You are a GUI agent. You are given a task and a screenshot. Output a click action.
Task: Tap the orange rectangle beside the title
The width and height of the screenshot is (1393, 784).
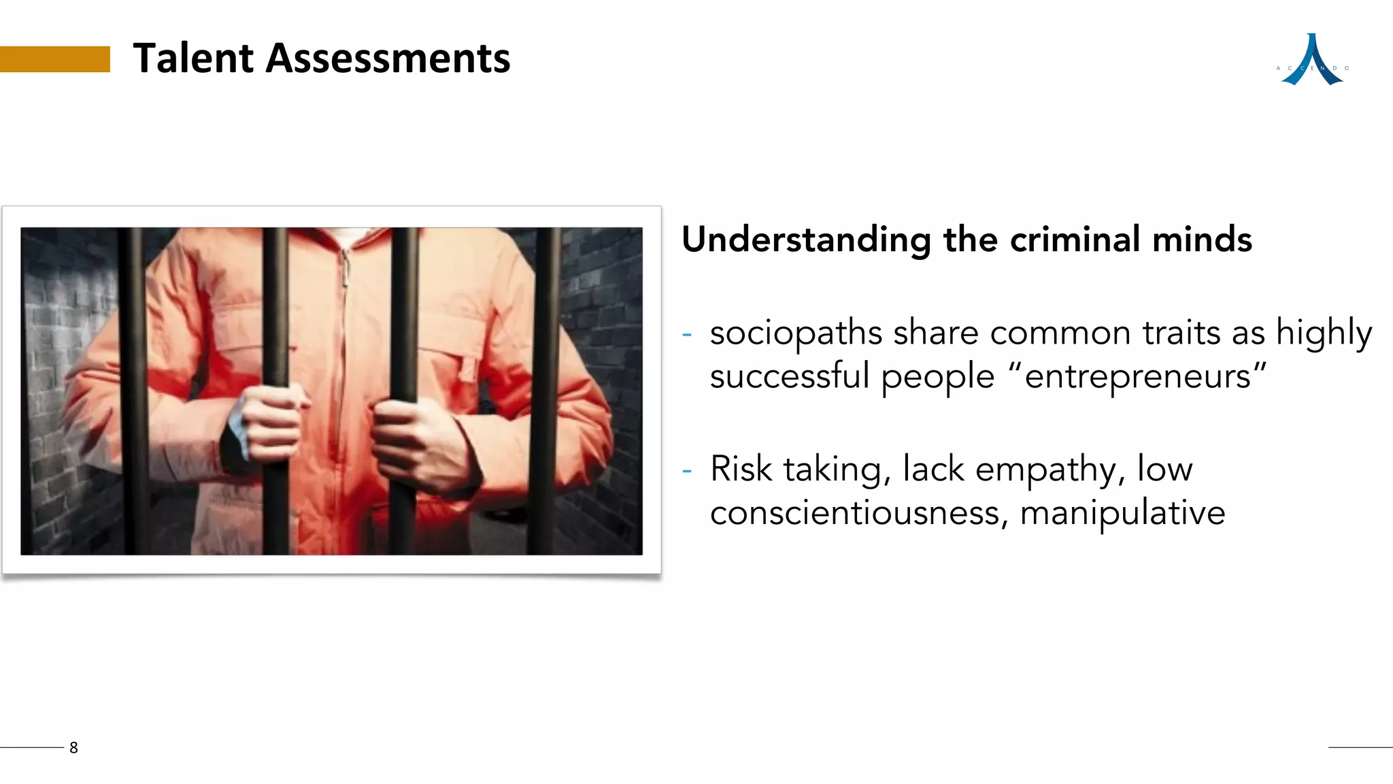click(x=54, y=59)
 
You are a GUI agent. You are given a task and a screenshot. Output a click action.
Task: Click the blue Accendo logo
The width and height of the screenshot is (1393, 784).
click(x=1312, y=61)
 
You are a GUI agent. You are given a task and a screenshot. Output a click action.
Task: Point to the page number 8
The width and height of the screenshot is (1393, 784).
click(x=73, y=747)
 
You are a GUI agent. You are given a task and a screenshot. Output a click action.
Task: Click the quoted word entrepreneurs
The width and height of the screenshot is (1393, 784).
click(x=1137, y=377)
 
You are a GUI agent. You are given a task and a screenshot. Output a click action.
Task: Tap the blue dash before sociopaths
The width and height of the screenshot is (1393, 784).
click(x=687, y=335)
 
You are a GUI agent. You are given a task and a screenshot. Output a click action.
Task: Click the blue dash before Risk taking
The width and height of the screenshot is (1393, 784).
click(x=687, y=470)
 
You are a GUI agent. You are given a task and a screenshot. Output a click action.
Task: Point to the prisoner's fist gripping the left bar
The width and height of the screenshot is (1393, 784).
click(x=269, y=425)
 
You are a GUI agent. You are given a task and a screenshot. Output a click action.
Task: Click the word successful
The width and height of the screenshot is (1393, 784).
click(x=790, y=377)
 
